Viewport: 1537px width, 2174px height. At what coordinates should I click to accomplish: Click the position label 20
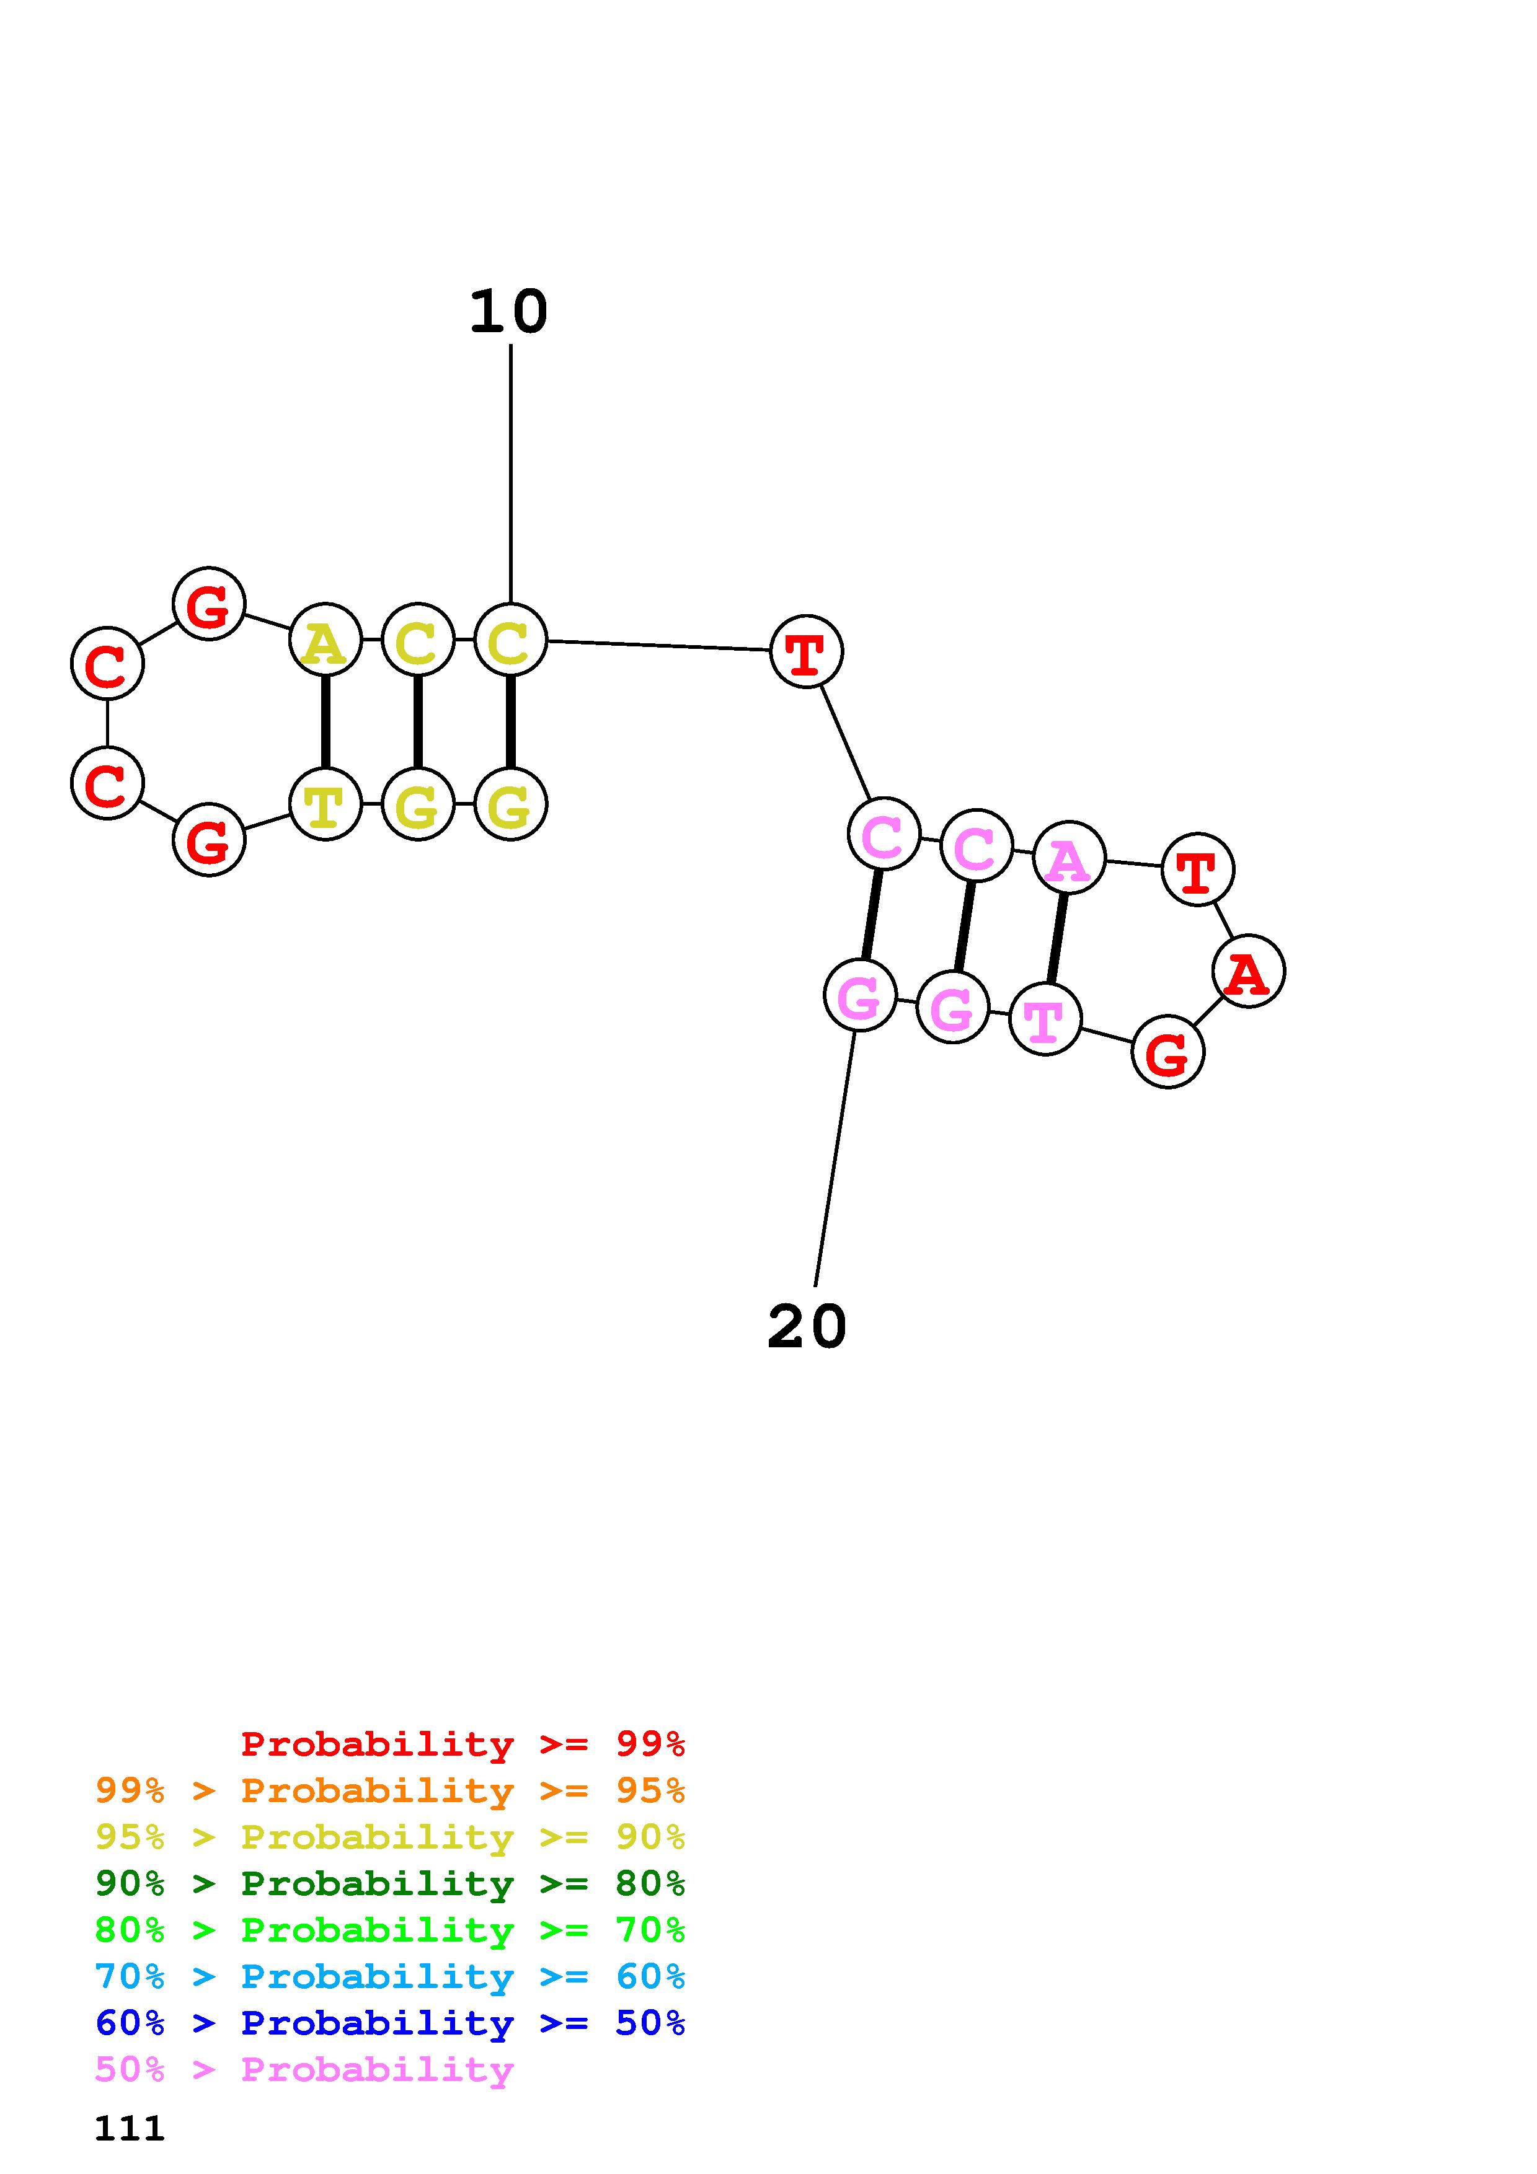click(806, 1327)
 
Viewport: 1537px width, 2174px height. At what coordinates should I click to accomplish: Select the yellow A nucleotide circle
click(325, 640)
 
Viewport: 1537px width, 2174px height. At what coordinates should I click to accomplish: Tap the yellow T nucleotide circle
click(325, 805)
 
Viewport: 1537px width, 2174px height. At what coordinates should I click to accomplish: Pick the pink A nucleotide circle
click(1068, 859)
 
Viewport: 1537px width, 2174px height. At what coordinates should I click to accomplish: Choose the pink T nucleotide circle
click(1045, 1019)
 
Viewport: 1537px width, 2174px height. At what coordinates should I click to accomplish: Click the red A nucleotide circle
click(1247, 972)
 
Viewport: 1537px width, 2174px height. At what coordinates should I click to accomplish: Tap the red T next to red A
click(1197, 869)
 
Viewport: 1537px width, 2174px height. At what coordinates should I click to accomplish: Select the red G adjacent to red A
click(1167, 1052)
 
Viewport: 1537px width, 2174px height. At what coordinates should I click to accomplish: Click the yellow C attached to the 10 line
click(510, 640)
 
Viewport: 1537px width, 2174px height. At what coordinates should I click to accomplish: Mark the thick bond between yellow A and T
click(326, 723)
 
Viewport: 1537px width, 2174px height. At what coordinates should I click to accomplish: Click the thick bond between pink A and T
click(1057, 938)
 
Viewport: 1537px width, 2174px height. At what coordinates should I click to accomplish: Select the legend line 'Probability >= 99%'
click(462, 1744)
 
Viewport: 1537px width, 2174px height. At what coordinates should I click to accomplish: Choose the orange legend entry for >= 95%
click(389, 1790)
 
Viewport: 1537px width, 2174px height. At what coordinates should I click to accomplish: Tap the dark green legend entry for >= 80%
click(389, 1883)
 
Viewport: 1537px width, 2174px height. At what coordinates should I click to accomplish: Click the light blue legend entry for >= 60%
click(389, 1976)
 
